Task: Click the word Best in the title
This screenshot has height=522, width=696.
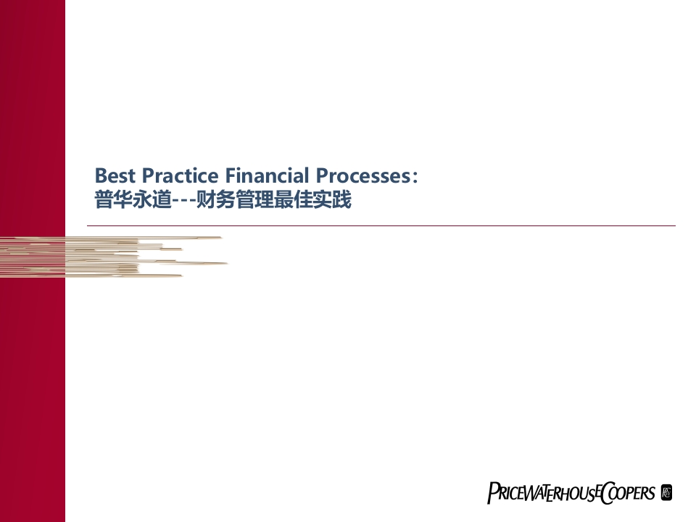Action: coord(115,175)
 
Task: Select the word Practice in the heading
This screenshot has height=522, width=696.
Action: coord(180,175)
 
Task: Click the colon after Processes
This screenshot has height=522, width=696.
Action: coord(415,177)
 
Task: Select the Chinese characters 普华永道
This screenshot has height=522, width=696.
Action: coord(133,199)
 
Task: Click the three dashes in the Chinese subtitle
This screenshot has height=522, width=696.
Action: coord(183,200)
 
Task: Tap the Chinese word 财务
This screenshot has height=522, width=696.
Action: coord(215,199)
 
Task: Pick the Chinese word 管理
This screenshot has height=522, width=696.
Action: coord(254,199)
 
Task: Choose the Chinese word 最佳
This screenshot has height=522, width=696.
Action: coord(293,199)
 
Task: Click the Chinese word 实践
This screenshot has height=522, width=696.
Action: coord(332,199)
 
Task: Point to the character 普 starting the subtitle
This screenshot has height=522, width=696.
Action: coord(104,199)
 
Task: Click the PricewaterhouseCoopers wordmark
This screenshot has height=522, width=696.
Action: coord(571,492)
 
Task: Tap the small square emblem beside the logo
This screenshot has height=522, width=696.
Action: coord(666,492)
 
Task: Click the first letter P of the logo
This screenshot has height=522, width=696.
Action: coord(492,493)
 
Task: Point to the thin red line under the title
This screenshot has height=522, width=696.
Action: coord(381,226)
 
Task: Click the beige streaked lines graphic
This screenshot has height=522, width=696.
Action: coord(114,257)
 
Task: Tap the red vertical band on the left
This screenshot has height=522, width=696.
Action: coord(33,261)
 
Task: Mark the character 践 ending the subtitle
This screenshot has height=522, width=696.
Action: coord(341,199)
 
